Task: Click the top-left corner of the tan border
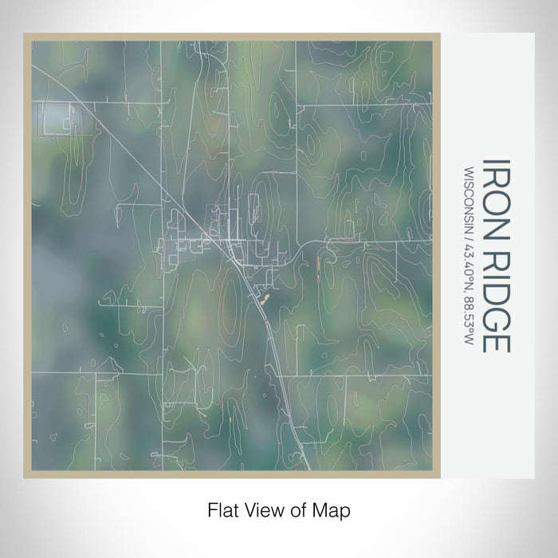[26, 35]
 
